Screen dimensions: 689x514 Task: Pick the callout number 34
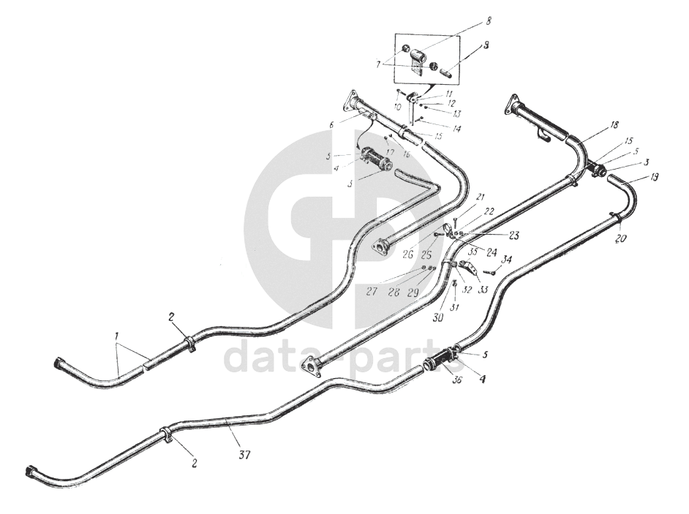507,260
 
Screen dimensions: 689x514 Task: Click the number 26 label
407,254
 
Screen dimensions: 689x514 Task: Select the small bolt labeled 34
492,272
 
